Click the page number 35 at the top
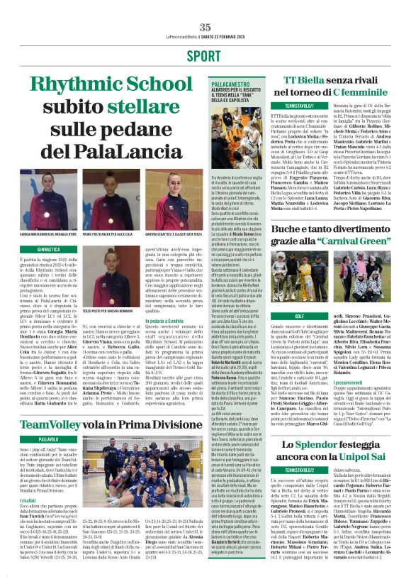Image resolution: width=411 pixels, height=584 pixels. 205,6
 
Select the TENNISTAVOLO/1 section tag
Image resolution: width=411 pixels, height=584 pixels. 298,105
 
